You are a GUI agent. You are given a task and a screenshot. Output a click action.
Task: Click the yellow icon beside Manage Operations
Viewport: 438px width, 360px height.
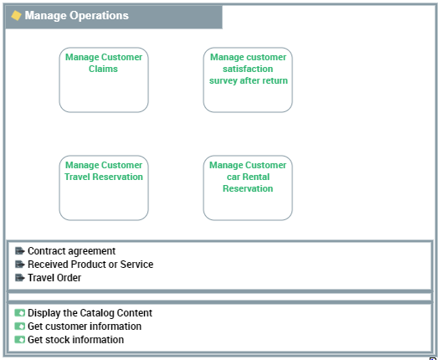(16, 15)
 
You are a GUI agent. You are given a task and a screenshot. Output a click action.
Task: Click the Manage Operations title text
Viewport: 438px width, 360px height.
(76, 15)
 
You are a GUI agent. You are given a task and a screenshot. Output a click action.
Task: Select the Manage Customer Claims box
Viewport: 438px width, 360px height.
(104, 80)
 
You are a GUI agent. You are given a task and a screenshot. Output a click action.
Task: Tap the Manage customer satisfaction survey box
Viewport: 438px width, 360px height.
(248, 80)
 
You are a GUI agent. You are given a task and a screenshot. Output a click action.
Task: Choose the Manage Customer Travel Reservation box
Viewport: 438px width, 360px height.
(104, 188)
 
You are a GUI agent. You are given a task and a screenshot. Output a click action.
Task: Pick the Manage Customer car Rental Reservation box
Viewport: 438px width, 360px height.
(248, 188)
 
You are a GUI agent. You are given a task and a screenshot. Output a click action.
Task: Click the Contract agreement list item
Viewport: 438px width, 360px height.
(71, 251)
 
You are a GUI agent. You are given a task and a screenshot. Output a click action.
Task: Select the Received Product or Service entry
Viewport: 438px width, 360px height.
(90, 265)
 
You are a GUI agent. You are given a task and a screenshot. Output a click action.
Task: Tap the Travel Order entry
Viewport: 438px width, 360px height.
(54, 278)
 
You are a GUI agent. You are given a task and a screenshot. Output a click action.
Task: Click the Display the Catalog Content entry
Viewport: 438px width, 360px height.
(90, 313)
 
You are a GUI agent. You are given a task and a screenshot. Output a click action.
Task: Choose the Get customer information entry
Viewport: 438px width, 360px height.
(85, 327)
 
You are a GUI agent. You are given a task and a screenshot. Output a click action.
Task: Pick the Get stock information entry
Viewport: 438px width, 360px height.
(75, 340)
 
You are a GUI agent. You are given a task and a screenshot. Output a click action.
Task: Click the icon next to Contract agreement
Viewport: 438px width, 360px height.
(20, 251)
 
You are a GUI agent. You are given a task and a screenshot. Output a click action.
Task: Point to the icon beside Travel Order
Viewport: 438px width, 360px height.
(20, 278)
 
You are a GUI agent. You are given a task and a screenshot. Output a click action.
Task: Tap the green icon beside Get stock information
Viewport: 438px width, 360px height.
(20, 340)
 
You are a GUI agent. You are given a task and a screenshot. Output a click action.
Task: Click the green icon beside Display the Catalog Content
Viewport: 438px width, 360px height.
(20, 313)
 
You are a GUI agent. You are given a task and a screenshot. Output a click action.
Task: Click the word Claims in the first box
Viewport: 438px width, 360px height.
(103, 69)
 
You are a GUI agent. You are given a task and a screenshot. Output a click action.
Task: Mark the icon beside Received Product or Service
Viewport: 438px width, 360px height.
(20, 265)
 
